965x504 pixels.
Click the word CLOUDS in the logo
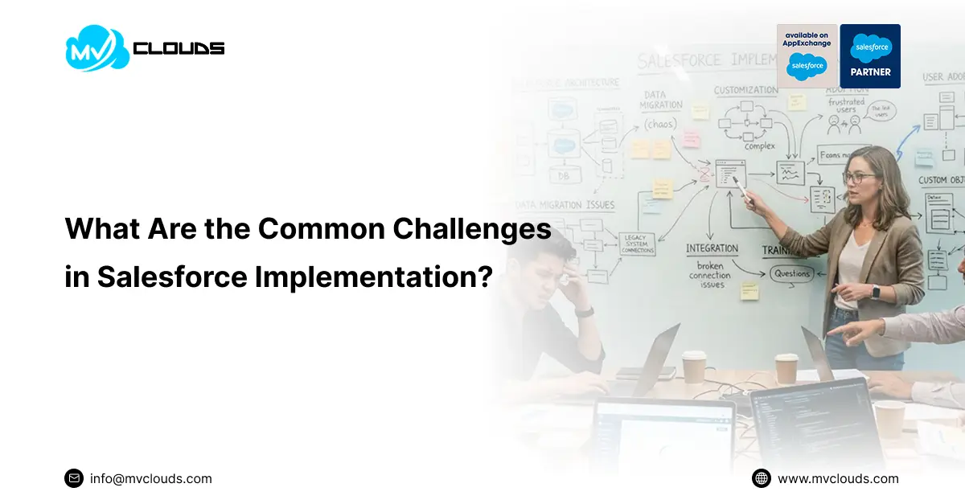click(179, 48)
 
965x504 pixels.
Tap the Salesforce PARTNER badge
click(870, 55)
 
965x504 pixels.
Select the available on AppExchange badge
click(807, 55)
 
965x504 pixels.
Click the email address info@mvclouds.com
click(151, 478)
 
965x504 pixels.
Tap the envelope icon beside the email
click(74, 478)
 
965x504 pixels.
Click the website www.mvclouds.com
click(838, 478)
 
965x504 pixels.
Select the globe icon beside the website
click(761, 478)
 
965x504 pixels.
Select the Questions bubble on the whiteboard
click(792, 273)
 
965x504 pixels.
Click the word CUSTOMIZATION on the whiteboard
click(745, 90)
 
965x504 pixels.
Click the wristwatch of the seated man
click(585, 311)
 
